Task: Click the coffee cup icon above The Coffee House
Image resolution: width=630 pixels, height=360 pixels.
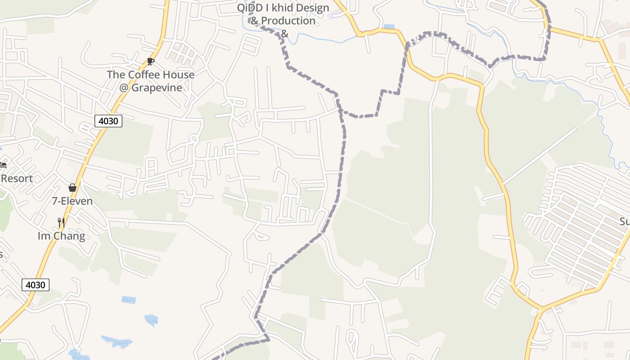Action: click(151, 61)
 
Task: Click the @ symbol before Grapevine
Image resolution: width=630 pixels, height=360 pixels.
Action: click(124, 87)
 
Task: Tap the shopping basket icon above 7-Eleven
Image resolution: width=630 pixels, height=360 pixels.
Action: click(72, 187)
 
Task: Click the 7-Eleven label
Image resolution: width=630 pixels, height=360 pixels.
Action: click(72, 201)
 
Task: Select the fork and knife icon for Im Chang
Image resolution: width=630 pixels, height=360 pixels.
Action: click(61, 222)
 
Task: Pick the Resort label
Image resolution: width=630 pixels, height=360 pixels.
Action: click(17, 178)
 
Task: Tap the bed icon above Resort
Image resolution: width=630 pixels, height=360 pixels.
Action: click(3, 165)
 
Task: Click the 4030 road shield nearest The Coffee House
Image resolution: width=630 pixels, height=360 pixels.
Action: click(108, 121)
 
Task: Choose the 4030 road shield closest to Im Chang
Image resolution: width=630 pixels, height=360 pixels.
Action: click(35, 284)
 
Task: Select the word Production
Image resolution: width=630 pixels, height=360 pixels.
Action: click(288, 21)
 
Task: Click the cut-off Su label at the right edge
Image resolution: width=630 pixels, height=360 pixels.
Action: click(625, 221)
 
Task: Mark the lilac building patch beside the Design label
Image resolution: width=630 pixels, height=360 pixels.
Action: click(335, 15)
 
